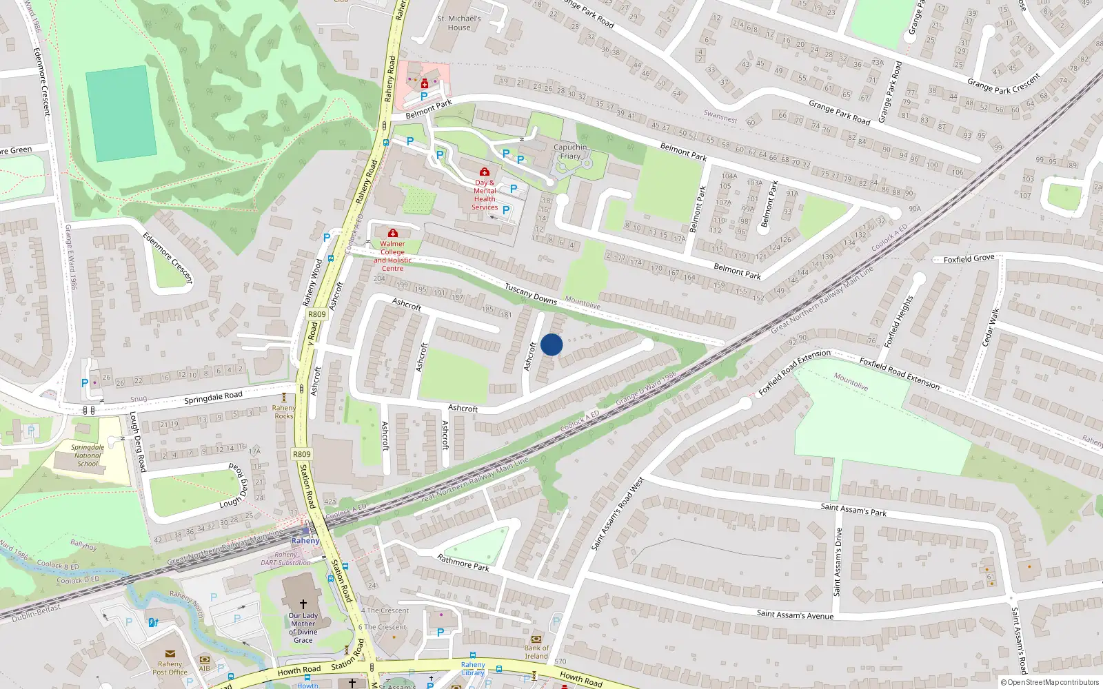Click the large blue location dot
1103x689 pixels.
[551, 344]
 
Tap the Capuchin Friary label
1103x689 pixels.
[570, 152]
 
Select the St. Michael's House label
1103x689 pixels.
[459, 23]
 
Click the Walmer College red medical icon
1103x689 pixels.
[393, 234]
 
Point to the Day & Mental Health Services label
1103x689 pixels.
[485, 195]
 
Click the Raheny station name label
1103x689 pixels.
[305, 541]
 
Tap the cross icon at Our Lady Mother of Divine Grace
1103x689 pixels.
[303, 604]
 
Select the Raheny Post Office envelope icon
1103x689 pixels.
[170, 654]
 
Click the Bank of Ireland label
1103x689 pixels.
[536, 652]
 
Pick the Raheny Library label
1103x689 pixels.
[473, 668]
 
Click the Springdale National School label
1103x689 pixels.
[88, 455]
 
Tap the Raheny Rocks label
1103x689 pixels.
[284, 412]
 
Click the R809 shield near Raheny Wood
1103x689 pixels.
[316, 314]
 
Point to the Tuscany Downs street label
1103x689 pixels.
[530, 294]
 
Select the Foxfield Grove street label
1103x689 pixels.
[969, 259]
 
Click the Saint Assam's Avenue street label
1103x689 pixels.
[795, 614]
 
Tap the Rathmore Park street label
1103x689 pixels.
[463, 563]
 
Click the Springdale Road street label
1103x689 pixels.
[213, 397]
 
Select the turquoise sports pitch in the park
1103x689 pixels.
[121, 114]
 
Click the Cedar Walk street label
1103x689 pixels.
[990, 327]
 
